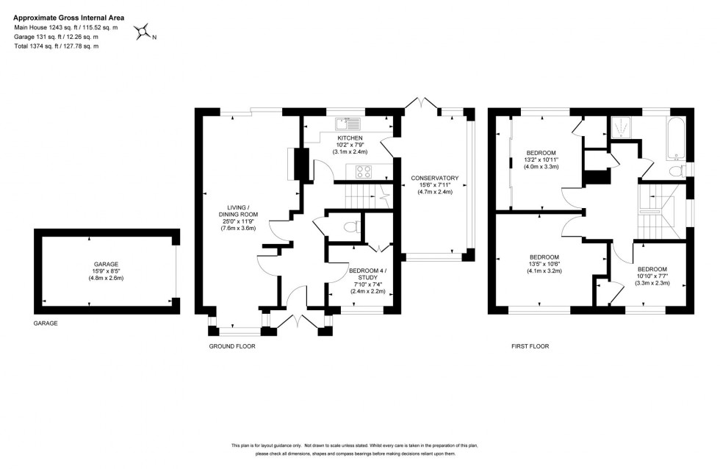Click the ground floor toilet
(350, 226)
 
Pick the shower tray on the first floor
(622, 129)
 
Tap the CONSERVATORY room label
(435, 178)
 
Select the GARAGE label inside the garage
(105, 264)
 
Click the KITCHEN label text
(350, 138)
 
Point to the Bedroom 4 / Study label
(364, 275)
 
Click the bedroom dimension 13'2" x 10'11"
(541, 160)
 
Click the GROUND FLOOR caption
(231, 346)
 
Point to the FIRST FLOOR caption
(530, 346)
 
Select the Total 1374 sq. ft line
(56, 46)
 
